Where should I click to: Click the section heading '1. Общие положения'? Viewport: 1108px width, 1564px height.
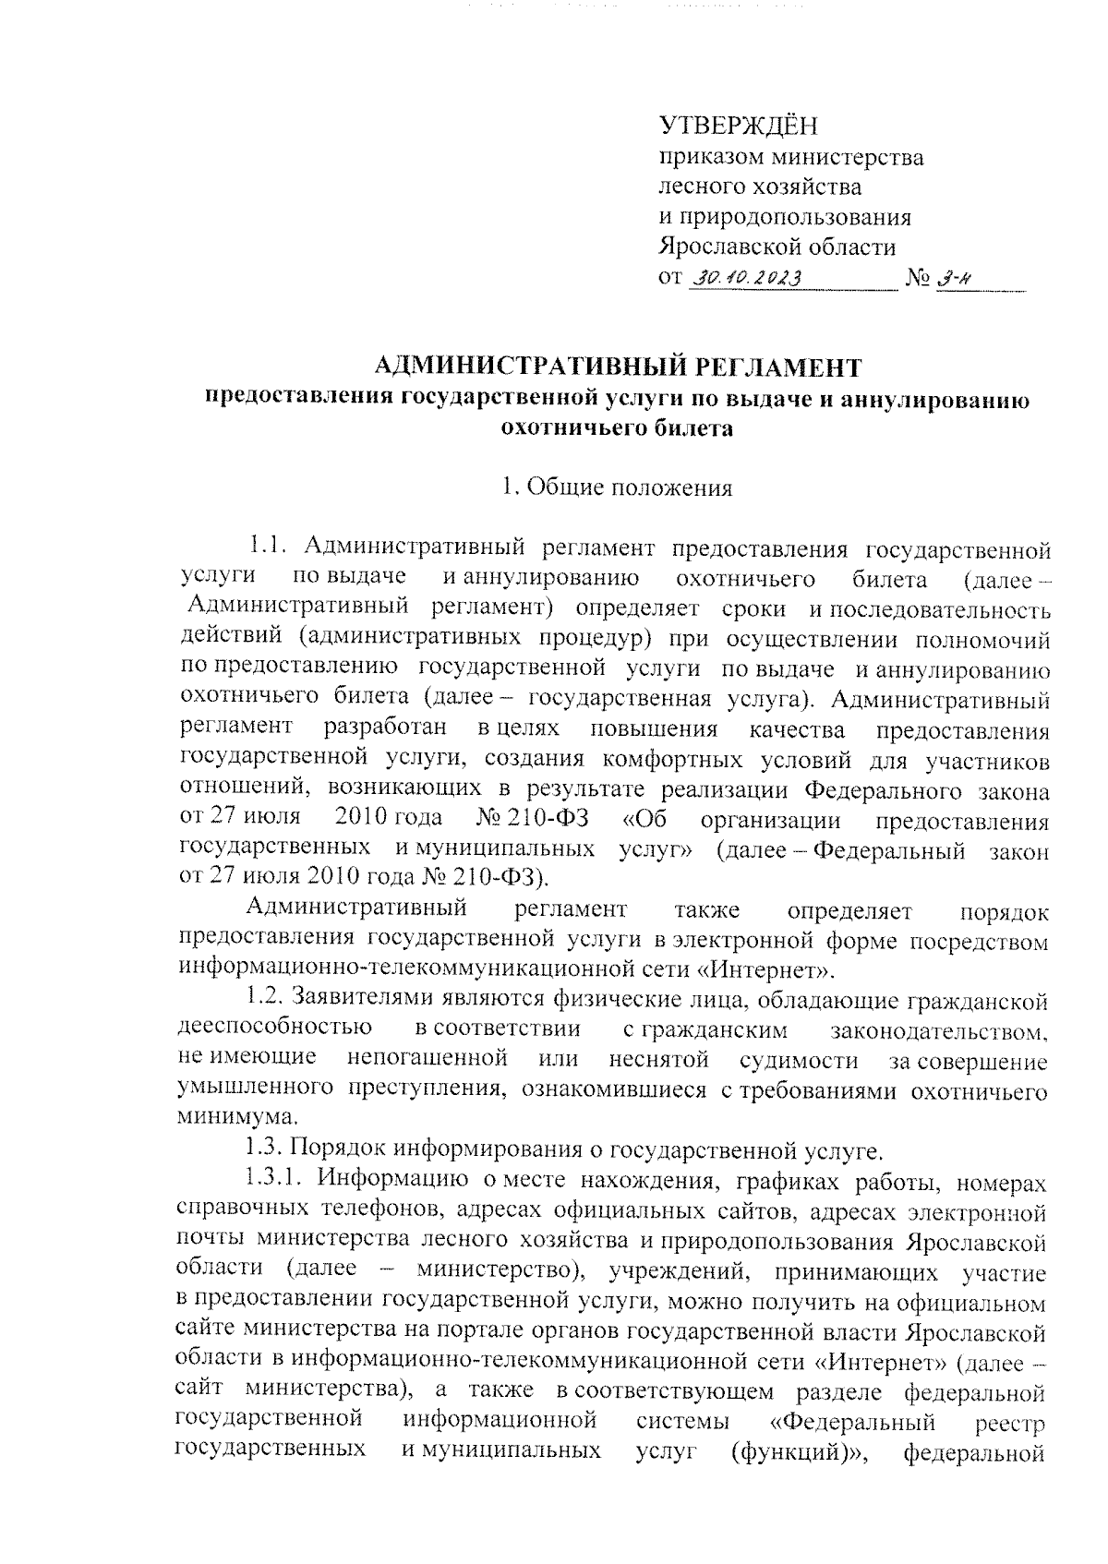616,487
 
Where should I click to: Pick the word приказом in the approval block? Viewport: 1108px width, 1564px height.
700,157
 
